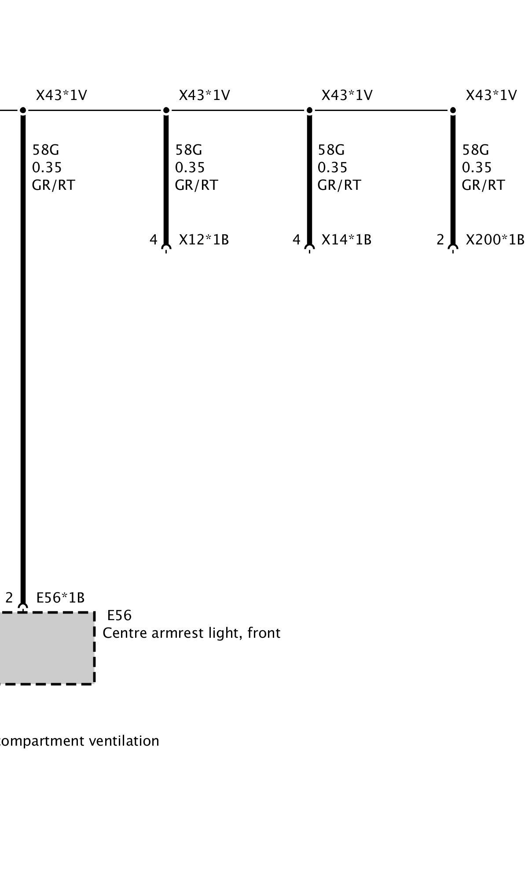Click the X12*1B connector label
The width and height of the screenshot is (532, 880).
tap(204, 240)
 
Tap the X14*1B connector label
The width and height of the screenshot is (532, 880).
tap(346, 240)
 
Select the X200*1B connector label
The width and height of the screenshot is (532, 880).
tap(495, 240)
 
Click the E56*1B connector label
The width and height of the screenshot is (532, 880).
tap(60, 598)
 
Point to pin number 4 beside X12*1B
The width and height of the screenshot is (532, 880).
tap(153, 240)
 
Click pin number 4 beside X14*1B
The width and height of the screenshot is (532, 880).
tap(297, 240)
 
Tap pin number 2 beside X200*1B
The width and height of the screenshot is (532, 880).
tap(440, 240)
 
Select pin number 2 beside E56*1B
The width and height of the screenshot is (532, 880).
tap(9, 598)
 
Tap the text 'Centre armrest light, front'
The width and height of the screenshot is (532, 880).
tap(191, 633)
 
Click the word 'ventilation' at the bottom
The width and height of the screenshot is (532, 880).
tap(124, 741)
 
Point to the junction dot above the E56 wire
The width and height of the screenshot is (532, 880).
tap(23, 110)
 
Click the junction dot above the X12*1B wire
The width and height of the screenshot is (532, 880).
tap(166, 110)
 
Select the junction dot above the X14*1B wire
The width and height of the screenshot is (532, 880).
tap(309, 110)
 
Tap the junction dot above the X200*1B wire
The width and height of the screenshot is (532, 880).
tap(453, 110)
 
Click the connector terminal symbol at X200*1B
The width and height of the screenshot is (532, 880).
tap(453, 248)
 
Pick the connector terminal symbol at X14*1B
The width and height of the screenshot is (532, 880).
tap(309, 248)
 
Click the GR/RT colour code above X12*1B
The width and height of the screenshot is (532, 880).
tap(196, 185)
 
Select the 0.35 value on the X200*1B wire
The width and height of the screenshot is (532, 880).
tap(477, 167)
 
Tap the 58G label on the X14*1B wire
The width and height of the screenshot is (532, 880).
tap(331, 150)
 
